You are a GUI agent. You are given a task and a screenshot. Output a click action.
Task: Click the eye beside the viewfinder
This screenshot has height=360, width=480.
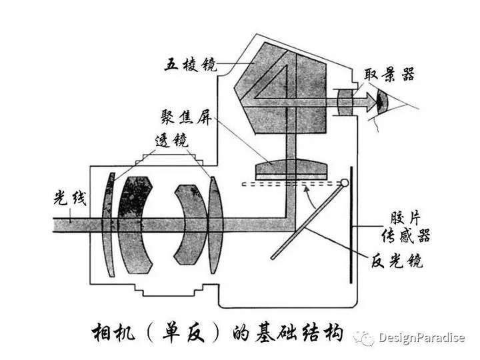tap(382, 102)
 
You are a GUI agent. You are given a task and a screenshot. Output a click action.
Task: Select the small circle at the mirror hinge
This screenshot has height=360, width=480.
tap(345, 182)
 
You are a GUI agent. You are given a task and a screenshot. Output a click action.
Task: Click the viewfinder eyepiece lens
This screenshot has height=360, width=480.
tap(344, 102)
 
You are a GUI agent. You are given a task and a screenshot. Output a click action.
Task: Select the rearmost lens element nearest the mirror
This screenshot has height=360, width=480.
tap(214, 223)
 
